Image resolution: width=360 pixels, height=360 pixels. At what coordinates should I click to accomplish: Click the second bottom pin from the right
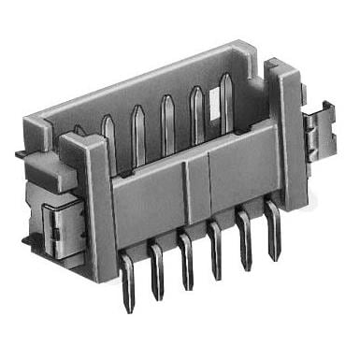(245, 246)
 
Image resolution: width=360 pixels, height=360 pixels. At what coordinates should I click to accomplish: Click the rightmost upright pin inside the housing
(225, 103)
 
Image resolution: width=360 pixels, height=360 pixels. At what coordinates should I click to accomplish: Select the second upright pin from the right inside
(197, 114)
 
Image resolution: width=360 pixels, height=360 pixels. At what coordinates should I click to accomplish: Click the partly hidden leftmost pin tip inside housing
(79, 132)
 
